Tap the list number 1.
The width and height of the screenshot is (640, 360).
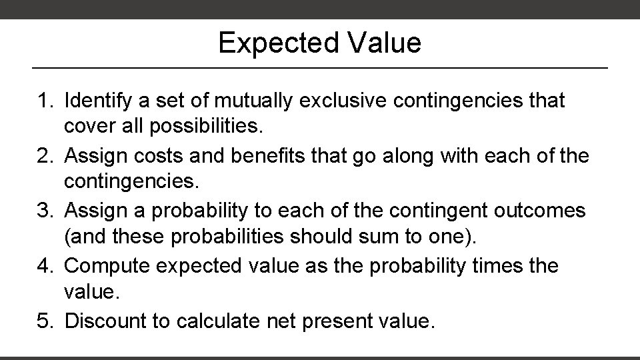(x=43, y=101)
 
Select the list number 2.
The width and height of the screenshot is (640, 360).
(x=43, y=157)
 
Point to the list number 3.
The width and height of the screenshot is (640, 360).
(x=43, y=211)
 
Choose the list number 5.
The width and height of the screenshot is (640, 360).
(x=43, y=321)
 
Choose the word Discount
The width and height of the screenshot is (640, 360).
(x=108, y=321)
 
